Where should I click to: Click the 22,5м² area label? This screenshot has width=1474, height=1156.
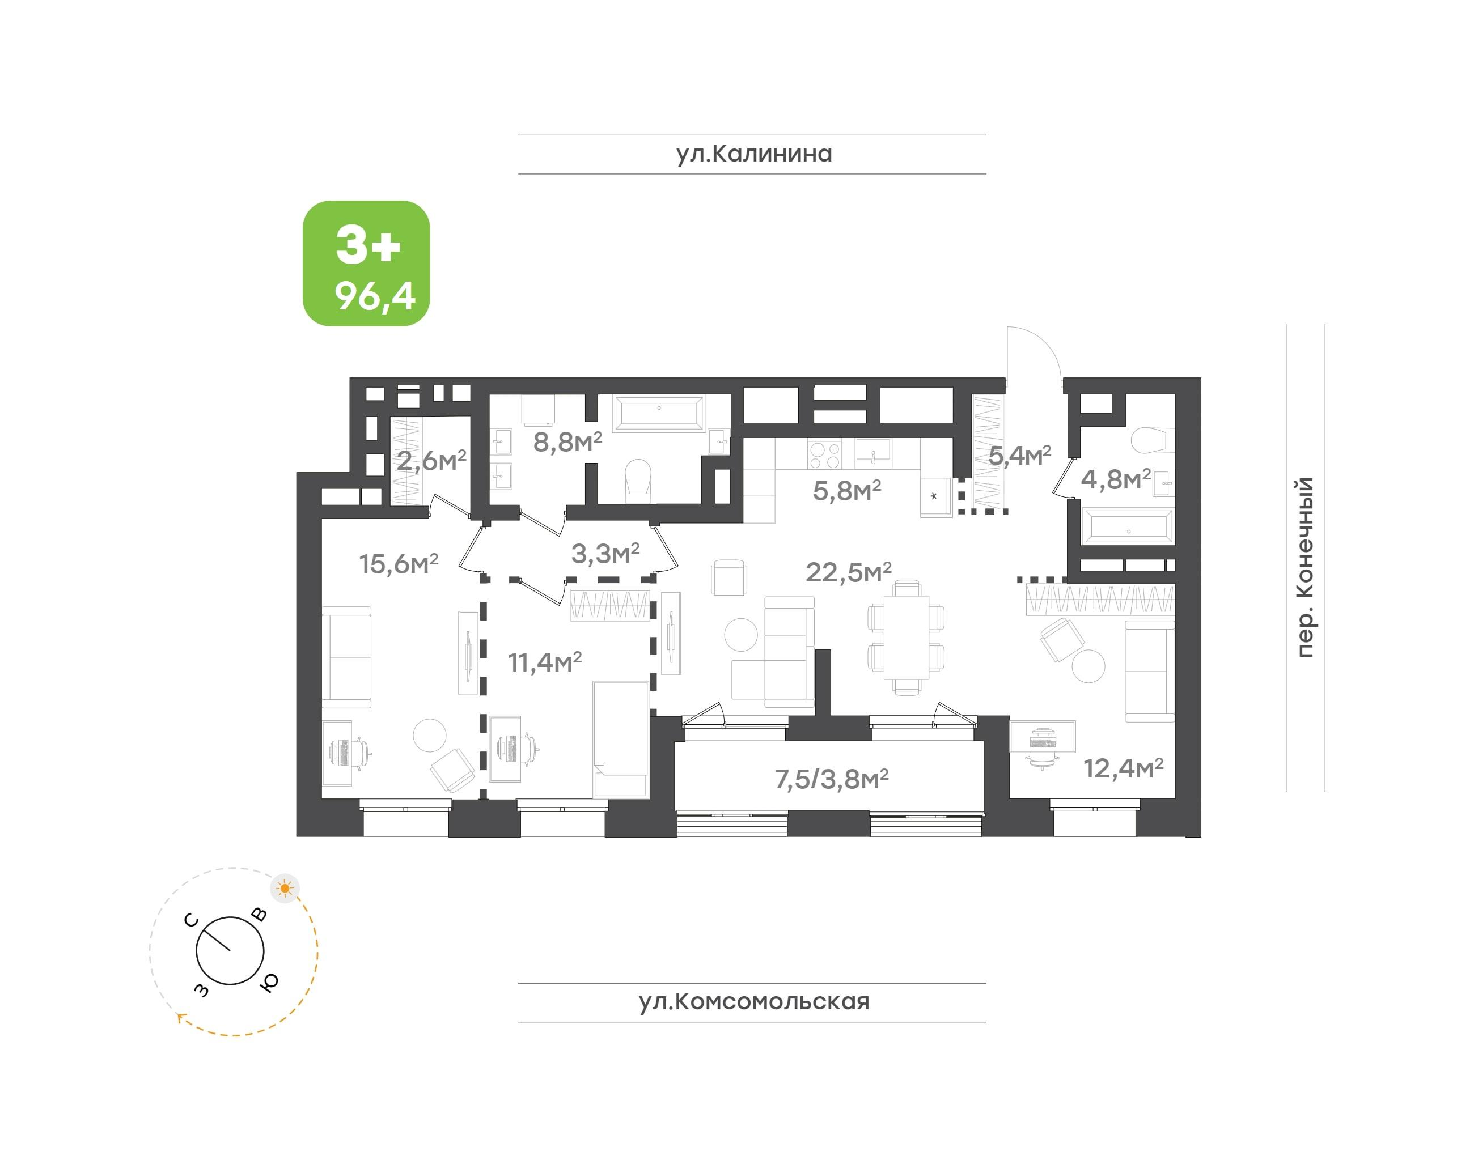[848, 571]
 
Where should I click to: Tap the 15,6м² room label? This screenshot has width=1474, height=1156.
[399, 563]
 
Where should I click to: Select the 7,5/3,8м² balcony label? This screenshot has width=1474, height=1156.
[832, 779]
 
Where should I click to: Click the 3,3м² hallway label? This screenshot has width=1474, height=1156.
[605, 553]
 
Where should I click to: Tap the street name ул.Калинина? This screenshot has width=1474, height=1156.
[753, 154]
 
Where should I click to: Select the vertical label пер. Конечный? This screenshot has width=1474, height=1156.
[1306, 567]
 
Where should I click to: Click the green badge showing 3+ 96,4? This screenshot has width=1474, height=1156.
[366, 263]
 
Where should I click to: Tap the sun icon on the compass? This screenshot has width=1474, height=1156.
[285, 888]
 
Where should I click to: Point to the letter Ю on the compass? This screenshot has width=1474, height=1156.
[269, 982]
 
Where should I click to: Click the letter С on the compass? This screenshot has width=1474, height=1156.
[192, 920]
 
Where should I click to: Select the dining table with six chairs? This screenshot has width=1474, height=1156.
[906, 636]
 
